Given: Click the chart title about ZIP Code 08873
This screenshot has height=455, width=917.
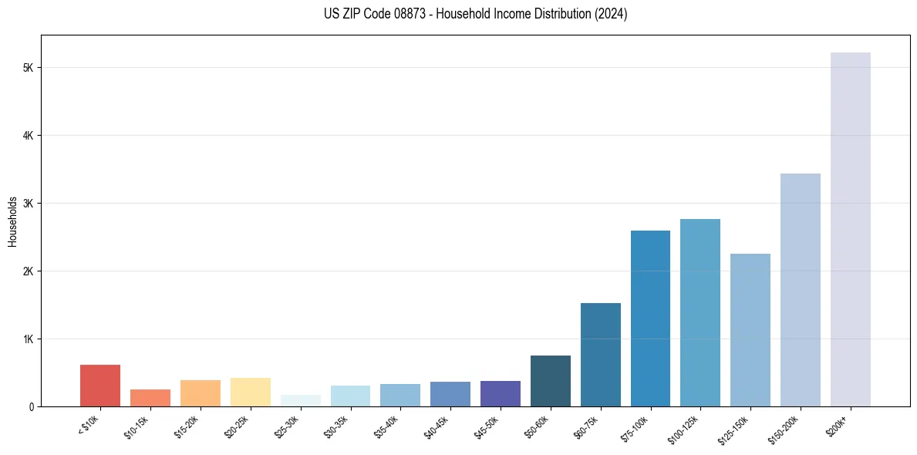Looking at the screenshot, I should [x=475, y=14].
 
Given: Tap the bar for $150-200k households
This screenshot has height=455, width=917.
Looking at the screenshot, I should [x=800, y=290].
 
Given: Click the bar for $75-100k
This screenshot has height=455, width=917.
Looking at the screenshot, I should [x=650, y=318].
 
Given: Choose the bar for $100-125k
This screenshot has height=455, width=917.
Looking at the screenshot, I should [x=700, y=312].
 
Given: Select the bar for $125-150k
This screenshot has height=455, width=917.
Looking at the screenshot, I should [x=750, y=330].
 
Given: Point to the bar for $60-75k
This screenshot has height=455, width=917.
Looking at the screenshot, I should [x=600, y=355].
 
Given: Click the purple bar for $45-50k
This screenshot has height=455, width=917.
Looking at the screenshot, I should [x=500, y=393].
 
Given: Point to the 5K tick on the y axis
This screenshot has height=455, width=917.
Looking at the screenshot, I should [x=29, y=68].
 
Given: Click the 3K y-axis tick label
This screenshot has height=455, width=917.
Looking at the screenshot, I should [x=29, y=204].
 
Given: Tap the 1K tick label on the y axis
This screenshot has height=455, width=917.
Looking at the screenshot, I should [x=29, y=339].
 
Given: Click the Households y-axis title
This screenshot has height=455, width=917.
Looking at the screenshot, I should [x=12, y=221].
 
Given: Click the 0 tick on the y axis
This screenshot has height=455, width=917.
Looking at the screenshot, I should [x=32, y=406].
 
